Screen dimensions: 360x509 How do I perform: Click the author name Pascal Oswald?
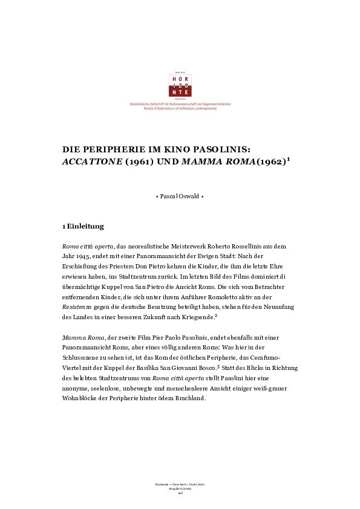[180, 197]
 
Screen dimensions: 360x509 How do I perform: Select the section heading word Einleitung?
[85, 227]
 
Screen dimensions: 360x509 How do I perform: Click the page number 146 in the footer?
[180, 493]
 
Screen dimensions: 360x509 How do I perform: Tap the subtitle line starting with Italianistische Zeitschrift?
[180, 104]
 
